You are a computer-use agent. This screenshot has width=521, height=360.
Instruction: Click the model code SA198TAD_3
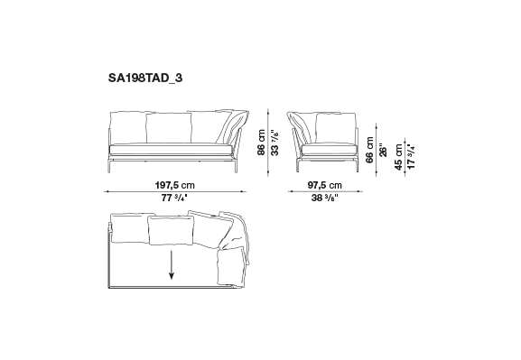[145, 78]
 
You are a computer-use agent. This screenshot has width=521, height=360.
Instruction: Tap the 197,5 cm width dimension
[175, 185]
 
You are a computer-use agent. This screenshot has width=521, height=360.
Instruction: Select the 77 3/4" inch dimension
[174, 198]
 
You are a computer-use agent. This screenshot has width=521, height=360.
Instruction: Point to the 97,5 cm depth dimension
[324, 185]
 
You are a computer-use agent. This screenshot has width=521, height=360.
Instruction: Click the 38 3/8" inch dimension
[325, 198]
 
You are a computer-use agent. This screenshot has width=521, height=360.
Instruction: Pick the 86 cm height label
[262, 143]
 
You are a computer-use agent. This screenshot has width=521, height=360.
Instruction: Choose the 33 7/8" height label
[274, 143]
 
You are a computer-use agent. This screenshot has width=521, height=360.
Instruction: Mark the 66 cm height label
[369, 150]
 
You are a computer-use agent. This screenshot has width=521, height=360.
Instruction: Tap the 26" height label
[383, 150]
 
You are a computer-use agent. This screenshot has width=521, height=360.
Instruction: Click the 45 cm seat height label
[399, 157]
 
